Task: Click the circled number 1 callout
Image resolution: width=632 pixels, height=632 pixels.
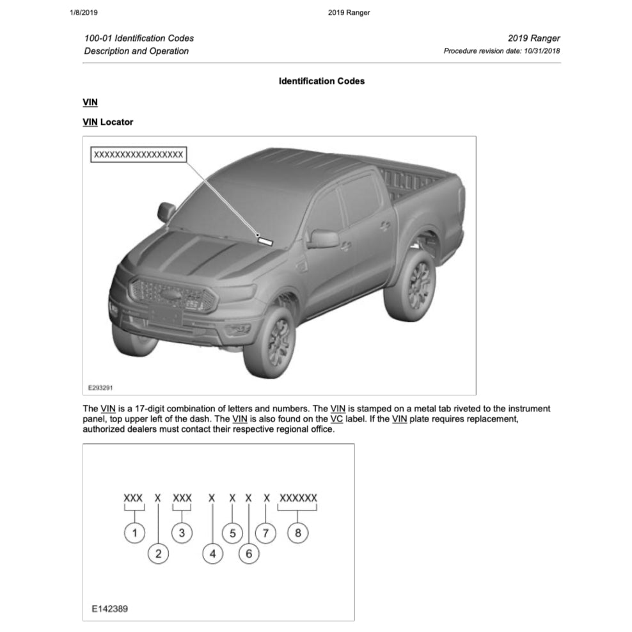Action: pos(134,532)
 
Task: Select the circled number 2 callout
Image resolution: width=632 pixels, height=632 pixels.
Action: pos(158,553)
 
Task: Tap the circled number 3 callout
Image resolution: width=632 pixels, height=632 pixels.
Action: pos(182,532)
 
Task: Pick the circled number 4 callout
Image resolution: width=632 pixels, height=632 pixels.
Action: pos(213,553)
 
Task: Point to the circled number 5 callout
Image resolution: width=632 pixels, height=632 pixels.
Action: pos(232,532)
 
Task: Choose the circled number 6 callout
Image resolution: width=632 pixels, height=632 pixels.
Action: pos(249,553)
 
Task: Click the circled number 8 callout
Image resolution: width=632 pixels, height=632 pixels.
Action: pos(297,532)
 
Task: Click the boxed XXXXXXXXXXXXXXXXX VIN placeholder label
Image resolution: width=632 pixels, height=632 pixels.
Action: pos(138,154)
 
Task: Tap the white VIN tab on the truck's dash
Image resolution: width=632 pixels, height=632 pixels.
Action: pos(264,241)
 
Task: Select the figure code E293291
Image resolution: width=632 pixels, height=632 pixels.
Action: pos(100,387)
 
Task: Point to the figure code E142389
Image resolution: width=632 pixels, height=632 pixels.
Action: pos(109,609)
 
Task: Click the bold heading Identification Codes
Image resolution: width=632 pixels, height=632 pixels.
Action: pos(322,81)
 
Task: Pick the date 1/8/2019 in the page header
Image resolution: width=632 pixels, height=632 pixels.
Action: pos(83,12)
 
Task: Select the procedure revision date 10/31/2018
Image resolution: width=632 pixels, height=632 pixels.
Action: pos(541,51)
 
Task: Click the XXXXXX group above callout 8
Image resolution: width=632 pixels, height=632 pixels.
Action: pos(298,498)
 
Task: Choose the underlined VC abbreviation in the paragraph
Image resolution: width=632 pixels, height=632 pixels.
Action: pos(336,419)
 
